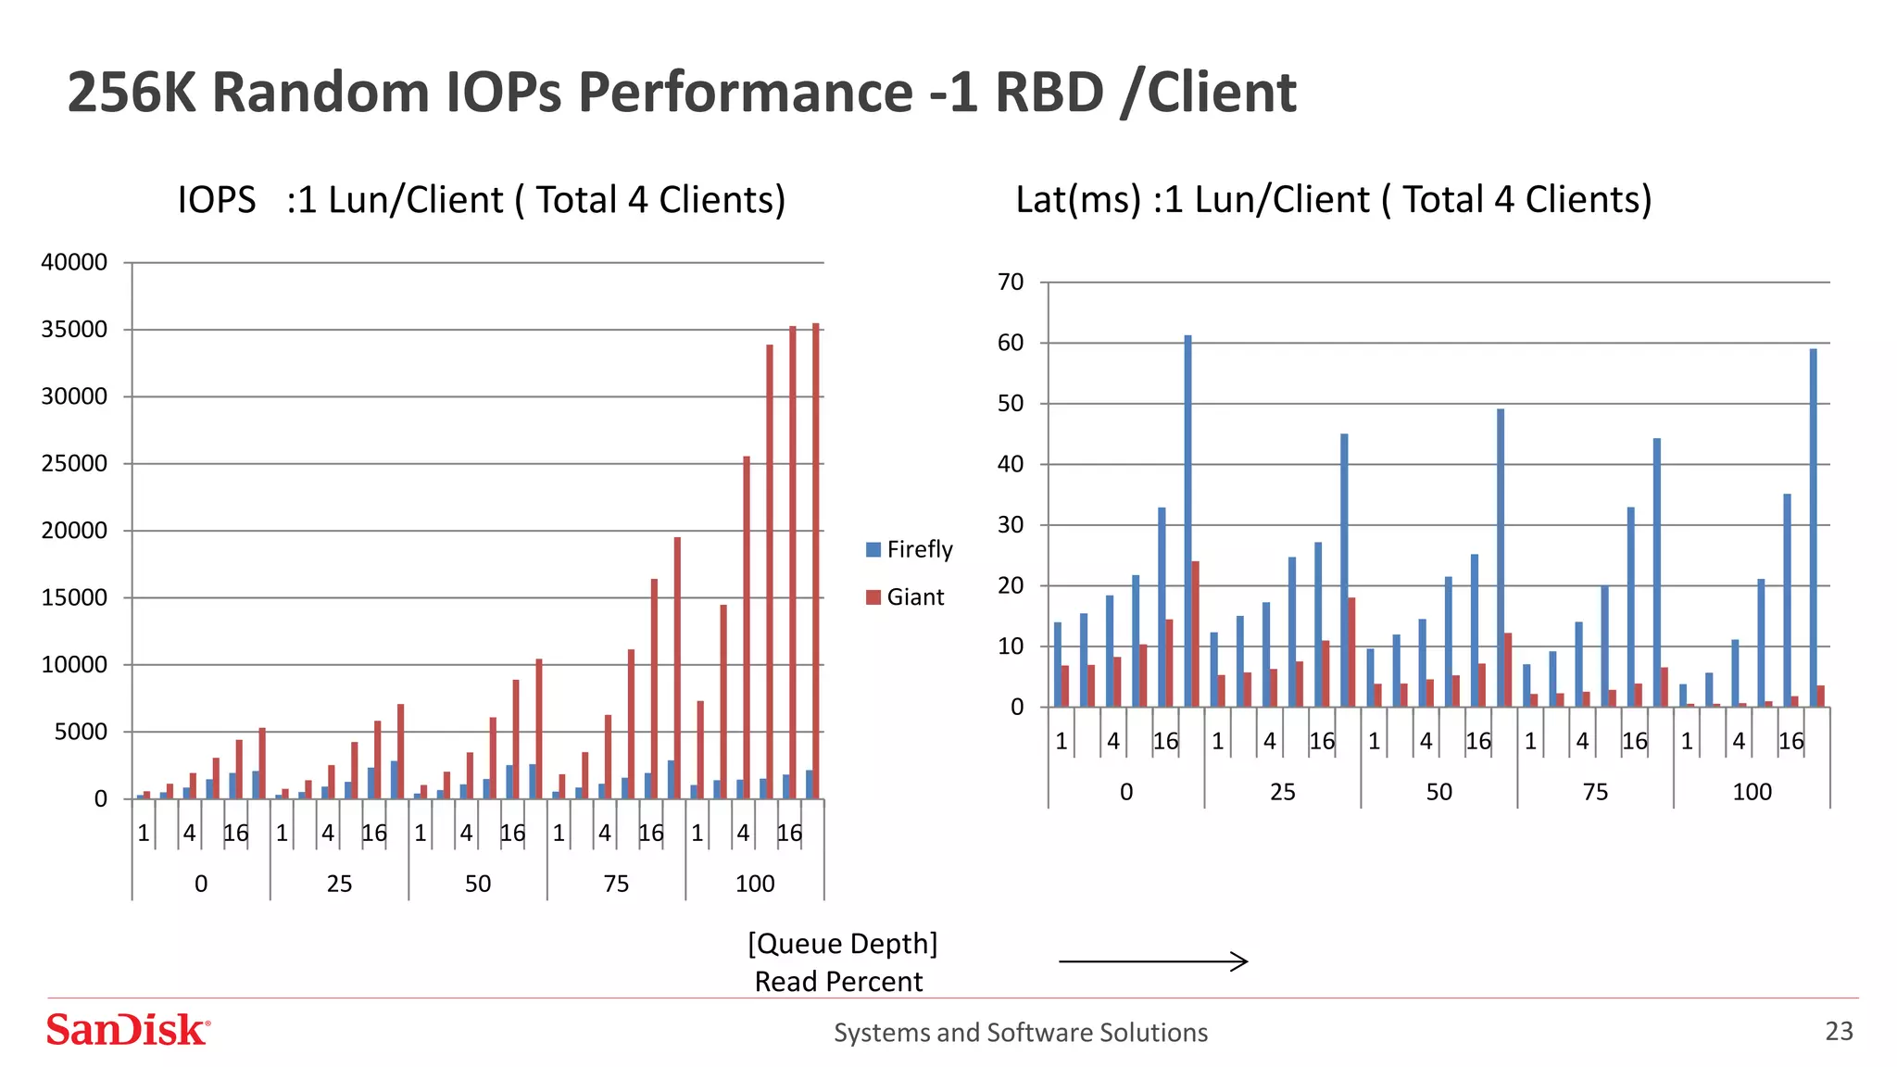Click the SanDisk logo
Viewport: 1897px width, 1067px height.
(x=128, y=1030)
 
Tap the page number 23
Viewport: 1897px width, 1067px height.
(x=1839, y=1031)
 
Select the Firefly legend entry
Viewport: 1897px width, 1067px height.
(x=909, y=549)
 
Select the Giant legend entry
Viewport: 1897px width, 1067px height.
(x=904, y=597)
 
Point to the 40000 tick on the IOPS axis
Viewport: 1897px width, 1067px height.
(x=74, y=262)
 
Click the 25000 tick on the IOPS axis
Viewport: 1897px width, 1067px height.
(x=74, y=463)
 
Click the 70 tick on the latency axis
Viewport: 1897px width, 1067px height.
(x=1011, y=282)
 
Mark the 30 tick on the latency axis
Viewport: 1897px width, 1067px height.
(x=1011, y=525)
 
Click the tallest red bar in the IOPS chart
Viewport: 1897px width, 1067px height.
(x=816, y=556)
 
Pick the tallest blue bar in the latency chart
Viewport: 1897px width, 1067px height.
(x=1187, y=519)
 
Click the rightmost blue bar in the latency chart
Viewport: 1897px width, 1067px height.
(x=1813, y=528)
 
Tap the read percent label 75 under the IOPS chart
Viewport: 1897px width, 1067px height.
(x=616, y=884)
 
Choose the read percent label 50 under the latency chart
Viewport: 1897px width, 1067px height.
(x=1438, y=792)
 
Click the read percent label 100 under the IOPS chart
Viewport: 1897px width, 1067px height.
(x=755, y=884)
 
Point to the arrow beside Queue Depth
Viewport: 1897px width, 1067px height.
(x=1153, y=961)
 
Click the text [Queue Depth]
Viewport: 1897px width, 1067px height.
(x=842, y=944)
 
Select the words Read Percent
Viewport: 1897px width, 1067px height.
(x=838, y=982)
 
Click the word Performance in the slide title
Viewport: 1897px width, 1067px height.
(x=746, y=93)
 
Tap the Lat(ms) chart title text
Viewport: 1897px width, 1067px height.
(x=1333, y=199)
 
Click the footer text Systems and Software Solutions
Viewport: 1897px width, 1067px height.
(x=1020, y=1032)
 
